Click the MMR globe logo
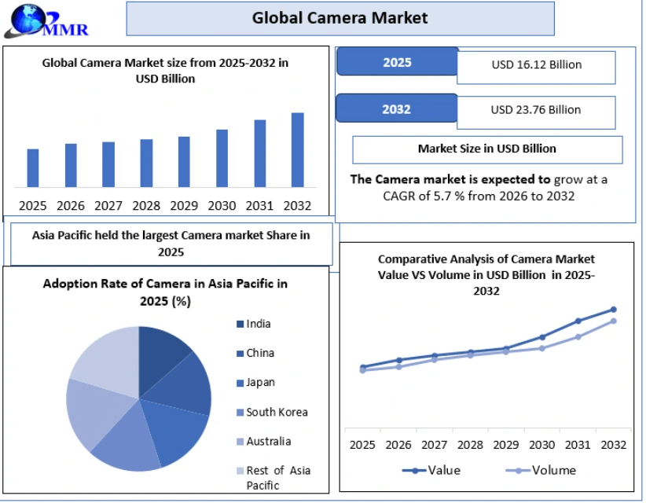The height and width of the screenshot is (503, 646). coord(46,20)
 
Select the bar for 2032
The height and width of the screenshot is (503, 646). coord(297,150)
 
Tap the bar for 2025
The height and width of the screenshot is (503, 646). coord(33,168)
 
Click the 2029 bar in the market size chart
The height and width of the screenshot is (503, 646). coord(184,162)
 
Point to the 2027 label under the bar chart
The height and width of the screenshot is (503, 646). coord(108,206)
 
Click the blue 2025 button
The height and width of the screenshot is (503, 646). coord(397,62)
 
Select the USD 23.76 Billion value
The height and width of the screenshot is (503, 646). coord(536,110)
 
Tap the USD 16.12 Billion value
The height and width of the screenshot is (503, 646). coord(537,64)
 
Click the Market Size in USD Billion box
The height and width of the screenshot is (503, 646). coord(487,150)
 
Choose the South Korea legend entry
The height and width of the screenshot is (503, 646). coord(273,412)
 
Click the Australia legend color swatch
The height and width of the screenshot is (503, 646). coord(240,442)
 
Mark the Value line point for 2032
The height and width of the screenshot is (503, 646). coord(614,310)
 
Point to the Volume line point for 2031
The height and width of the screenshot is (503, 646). coord(578,337)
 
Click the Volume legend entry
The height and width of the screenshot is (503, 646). coord(541,471)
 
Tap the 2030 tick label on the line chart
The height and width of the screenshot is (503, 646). coord(541,445)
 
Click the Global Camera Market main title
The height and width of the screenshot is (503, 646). coord(340,18)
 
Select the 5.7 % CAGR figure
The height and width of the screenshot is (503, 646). coord(449,196)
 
